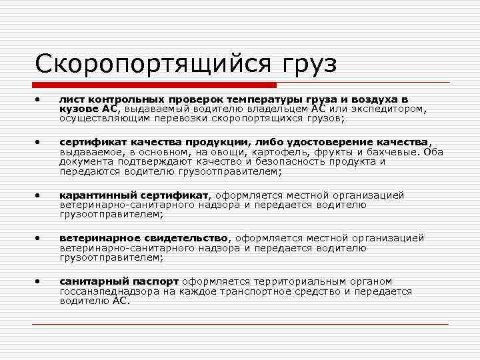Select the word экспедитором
(x=393, y=109)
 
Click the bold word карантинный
(x=99, y=195)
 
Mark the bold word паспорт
(x=158, y=281)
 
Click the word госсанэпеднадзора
(x=109, y=291)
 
